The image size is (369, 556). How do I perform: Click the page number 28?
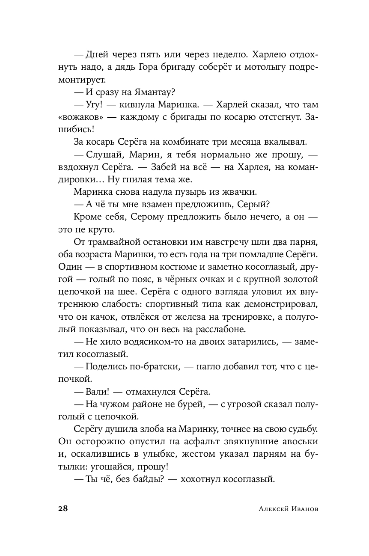[x=62, y=509]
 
